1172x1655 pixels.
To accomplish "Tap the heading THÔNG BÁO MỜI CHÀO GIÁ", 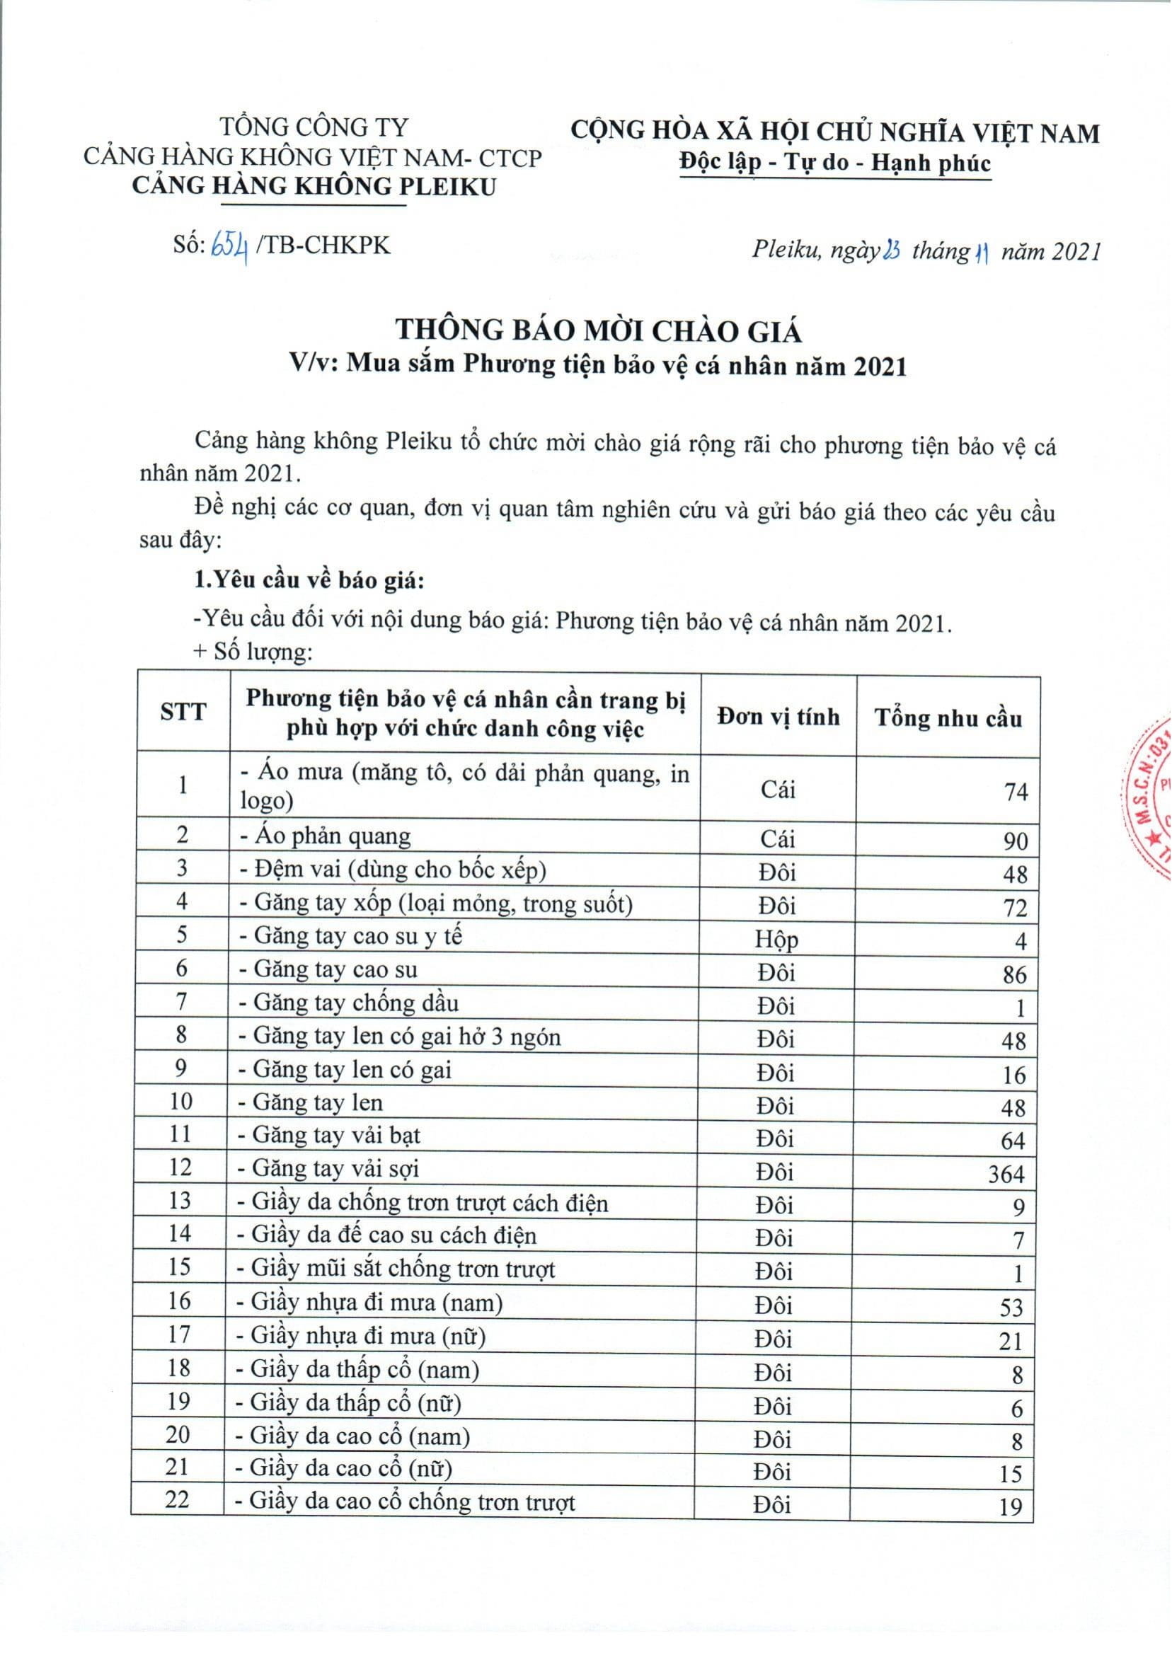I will coord(598,331).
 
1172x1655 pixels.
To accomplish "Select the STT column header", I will coord(183,713).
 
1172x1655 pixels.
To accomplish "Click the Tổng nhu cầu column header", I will coord(948,718).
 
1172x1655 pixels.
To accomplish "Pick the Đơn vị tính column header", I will coord(778,716).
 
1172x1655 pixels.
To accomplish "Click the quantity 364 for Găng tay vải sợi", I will coord(1006,1175).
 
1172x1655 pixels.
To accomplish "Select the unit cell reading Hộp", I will coord(776,940).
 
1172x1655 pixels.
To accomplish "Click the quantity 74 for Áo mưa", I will coord(1015,792).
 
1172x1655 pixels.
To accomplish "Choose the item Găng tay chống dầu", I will coord(350,1003).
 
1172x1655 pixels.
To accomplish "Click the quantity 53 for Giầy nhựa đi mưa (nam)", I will coord(1012,1308).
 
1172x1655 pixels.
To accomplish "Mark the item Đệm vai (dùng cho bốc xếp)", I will coord(393,870).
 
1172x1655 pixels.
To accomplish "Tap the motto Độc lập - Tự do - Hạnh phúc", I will coord(836,163).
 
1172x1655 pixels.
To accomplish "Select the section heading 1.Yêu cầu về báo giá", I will coord(309,581).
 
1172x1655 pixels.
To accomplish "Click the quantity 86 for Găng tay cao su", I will coord(1014,975).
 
